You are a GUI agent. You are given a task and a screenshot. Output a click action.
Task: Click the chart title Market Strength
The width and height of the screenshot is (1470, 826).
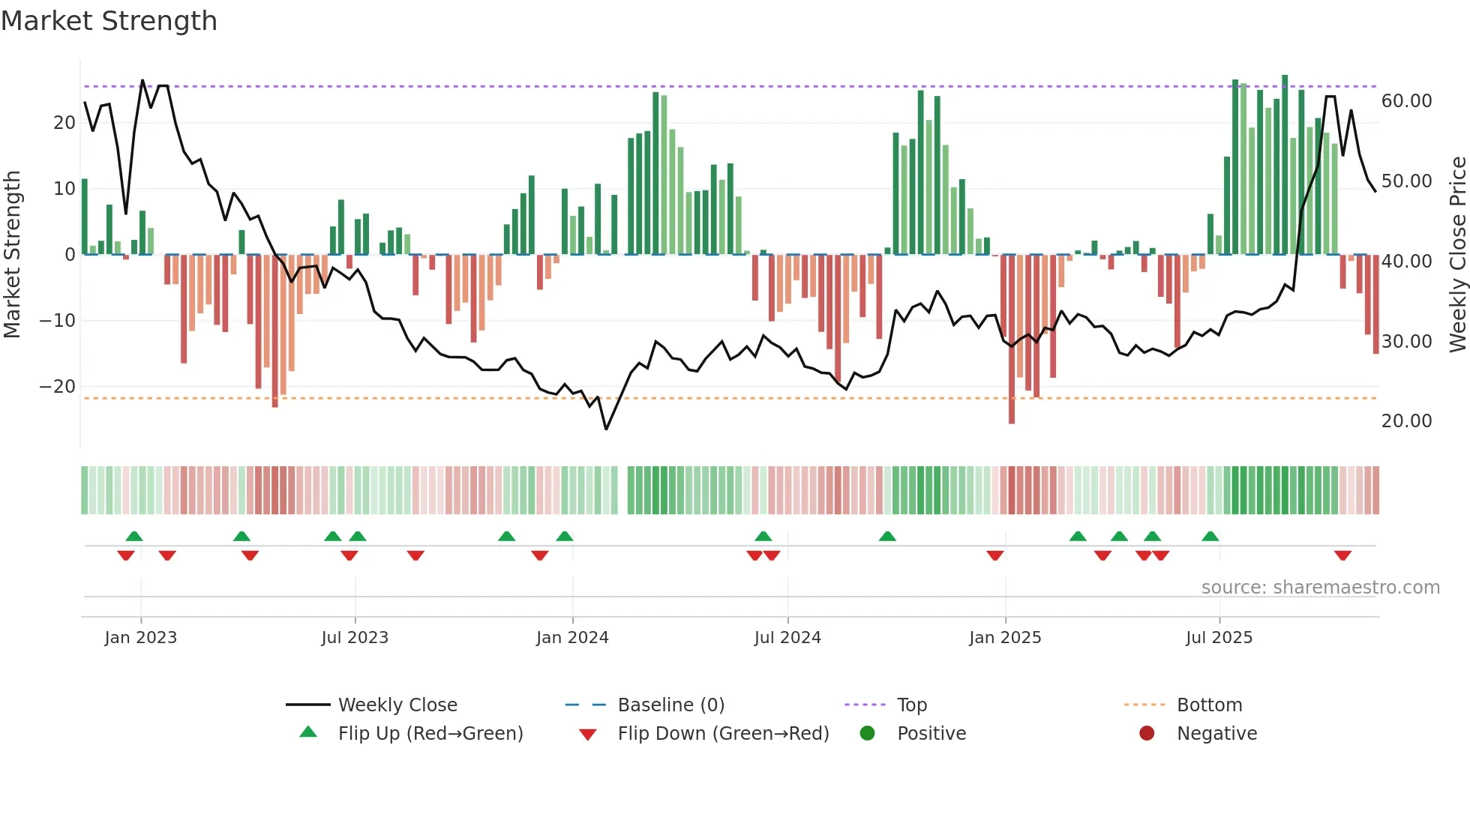pyautogui.click(x=109, y=21)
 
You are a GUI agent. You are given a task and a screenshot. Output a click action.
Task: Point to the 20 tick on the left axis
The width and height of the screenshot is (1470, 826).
pyautogui.click(x=64, y=123)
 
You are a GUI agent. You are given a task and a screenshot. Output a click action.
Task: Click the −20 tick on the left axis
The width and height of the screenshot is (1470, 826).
pyautogui.click(x=58, y=387)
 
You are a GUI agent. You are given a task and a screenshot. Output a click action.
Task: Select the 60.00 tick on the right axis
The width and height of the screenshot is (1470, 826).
pyautogui.click(x=1406, y=101)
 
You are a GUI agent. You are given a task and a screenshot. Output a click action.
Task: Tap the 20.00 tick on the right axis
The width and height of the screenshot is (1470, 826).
pyautogui.click(x=1406, y=421)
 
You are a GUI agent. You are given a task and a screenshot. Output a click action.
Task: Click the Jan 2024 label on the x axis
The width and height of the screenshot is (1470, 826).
pyautogui.click(x=572, y=638)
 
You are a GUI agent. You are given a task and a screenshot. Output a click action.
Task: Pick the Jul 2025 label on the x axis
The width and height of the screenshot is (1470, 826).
pyautogui.click(x=1219, y=638)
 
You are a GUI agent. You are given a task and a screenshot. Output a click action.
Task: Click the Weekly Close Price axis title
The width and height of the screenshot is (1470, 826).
pyautogui.click(x=1457, y=255)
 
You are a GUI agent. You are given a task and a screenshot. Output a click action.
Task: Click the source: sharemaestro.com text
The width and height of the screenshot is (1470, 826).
pyautogui.click(x=1320, y=588)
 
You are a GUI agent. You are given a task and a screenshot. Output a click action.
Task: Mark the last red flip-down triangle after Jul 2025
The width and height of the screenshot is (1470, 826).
pyautogui.click(x=1342, y=555)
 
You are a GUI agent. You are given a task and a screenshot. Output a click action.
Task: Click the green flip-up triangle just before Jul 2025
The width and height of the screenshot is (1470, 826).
pyautogui.click(x=1210, y=536)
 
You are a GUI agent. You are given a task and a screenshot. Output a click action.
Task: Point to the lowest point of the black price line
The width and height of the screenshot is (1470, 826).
pyautogui.click(x=606, y=429)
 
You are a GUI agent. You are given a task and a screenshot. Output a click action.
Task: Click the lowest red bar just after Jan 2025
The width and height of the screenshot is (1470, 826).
pyautogui.click(x=1012, y=420)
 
